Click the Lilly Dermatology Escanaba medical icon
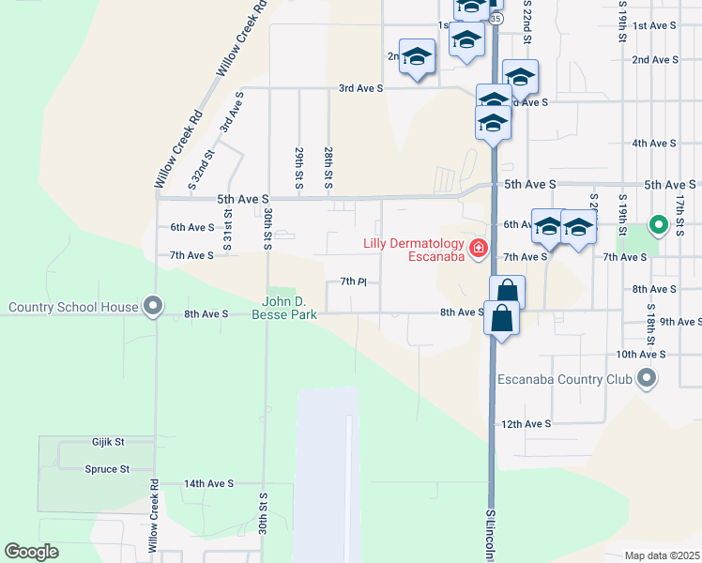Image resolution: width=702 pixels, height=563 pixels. coord(479,249)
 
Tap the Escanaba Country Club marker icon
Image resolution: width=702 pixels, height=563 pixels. coord(646,379)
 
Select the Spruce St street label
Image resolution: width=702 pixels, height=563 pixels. coord(106,469)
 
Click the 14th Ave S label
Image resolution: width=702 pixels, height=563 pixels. coord(208,483)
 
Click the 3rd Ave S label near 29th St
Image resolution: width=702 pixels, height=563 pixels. coord(361,88)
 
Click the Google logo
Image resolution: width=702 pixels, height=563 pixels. coord(33,551)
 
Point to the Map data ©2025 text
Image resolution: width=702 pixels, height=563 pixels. coord(662,555)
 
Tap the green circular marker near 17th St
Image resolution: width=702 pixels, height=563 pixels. coord(659,225)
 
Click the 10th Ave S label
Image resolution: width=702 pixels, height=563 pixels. coord(641,355)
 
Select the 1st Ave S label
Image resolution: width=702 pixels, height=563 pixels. coord(655,25)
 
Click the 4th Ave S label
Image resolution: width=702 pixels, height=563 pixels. coord(654,143)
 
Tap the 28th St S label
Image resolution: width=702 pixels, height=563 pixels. coord(328,167)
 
